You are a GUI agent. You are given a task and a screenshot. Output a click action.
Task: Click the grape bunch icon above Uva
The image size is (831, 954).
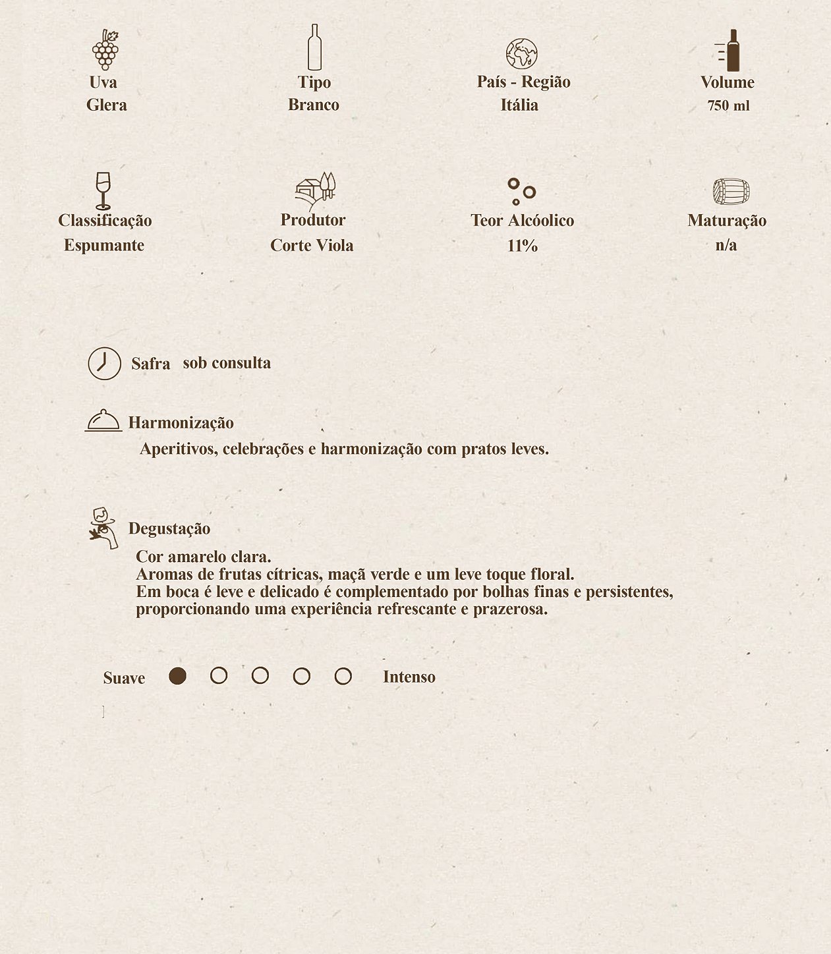point(105,49)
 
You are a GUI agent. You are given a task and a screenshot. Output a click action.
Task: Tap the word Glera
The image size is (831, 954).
point(107,105)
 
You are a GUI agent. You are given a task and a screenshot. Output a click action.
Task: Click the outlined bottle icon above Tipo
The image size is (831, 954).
point(314,47)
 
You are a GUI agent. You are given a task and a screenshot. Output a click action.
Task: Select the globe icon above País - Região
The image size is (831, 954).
point(521,54)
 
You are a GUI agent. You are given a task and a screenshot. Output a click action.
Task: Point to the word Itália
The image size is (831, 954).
point(519,105)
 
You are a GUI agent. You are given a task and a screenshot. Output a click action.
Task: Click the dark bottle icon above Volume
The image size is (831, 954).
point(730,50)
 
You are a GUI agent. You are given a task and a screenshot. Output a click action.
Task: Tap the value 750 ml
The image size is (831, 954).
point(728,106)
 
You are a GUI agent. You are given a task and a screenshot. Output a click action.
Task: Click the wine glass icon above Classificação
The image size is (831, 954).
point(103,190)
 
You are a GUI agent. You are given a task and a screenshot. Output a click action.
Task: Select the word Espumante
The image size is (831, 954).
point(104,245)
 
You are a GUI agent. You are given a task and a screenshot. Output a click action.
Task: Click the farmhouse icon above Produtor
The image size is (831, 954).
point(315,190)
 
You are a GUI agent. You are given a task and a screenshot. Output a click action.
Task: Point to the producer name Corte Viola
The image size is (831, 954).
point(312,245)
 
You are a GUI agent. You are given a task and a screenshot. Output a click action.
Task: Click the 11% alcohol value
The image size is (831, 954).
point(523,246)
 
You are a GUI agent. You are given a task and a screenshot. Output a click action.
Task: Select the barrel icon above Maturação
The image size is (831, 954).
point(731,192)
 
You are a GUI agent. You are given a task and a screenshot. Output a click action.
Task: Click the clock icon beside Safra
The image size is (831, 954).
point(105,364)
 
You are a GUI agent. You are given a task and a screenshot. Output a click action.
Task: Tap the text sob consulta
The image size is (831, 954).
point(227,363)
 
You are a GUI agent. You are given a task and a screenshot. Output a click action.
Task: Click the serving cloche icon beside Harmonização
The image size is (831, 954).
point(103,420)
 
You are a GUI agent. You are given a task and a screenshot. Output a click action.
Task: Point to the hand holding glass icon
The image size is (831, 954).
point(103,528)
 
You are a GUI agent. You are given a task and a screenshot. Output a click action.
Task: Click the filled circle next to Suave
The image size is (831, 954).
point(177,676)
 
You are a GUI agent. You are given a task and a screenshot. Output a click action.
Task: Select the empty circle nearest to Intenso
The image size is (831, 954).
point(343,676)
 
